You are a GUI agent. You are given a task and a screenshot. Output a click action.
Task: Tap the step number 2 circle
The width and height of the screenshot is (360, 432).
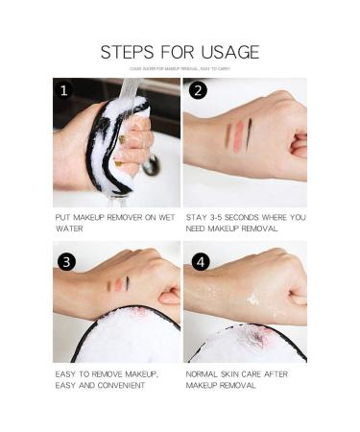197,91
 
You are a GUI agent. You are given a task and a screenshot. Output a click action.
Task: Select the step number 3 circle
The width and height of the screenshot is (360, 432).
66,261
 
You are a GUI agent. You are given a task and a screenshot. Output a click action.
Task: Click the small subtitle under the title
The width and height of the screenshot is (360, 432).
180,69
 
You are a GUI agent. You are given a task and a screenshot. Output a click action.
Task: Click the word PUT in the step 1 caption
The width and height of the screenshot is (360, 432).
61,218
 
